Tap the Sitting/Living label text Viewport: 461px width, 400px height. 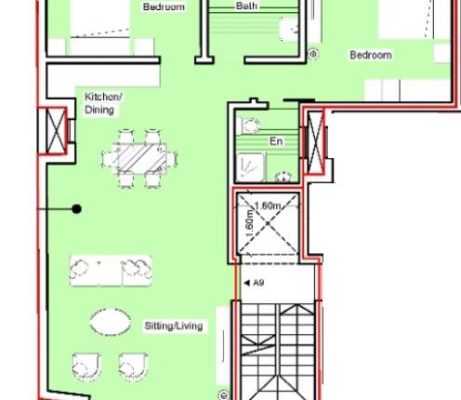174,327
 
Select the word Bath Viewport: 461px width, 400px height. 246,6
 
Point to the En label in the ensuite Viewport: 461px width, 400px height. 276,141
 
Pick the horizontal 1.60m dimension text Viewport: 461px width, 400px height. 268,206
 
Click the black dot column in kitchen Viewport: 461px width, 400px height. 78,209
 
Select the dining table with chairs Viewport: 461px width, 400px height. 144,157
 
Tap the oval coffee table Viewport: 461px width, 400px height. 111,323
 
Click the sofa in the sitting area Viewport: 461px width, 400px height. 110,270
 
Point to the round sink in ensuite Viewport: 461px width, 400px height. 284,173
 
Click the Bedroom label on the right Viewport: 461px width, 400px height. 370,56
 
